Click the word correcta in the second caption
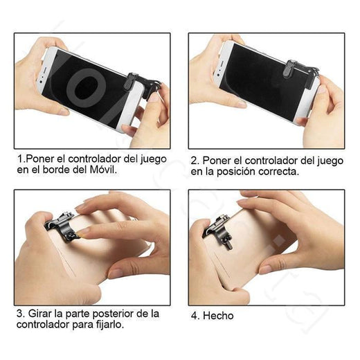point(278,172)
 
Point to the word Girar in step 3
point(40,314)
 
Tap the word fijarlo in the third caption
point(110,325)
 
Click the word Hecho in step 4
point(218,316)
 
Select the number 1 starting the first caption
point(20,159)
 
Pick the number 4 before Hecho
point(194,316)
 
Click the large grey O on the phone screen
point(86,88)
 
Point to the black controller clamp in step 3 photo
point(62,227)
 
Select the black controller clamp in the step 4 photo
point(217,231)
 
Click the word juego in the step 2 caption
point(330,161)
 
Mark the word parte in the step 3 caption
point(78,314)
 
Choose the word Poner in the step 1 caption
point(39,159)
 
